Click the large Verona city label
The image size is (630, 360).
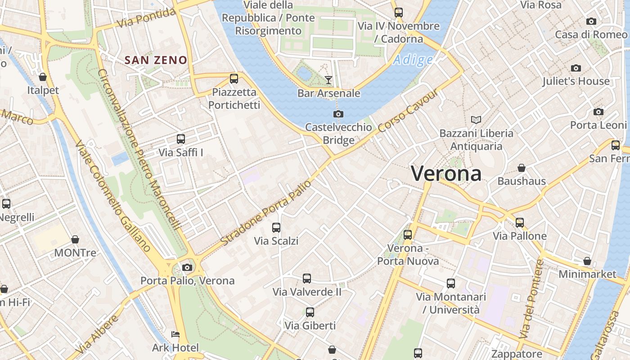[x=446, y=174]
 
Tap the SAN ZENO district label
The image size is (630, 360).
[x=156, y=60]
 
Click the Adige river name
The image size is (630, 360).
[x=413, y=60]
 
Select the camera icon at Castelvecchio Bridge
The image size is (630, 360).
[x=338, y=114]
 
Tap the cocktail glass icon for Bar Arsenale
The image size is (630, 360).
[x=328, y=80]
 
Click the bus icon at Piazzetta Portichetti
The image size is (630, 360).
[x=234, y=79]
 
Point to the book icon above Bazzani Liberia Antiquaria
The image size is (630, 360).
[x=476, y=120]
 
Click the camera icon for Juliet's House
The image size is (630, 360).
[x=576, y=68]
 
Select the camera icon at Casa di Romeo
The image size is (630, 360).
[x=591, y=21]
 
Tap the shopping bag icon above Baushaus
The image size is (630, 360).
[x=522, y=168]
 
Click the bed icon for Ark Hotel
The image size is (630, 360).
[x=175, y=334]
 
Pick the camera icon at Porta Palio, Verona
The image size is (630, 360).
[x=187, y=267]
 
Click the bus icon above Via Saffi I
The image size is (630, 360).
[x=181, y=139]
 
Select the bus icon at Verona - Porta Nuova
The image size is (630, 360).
[x=408, y=234]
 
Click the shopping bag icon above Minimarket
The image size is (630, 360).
[x=587, y=261]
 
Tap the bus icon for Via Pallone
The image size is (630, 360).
[x=520, y=222]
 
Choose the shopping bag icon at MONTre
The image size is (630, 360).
[x=75, y=239]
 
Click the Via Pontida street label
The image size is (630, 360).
[x=146, y=18]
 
